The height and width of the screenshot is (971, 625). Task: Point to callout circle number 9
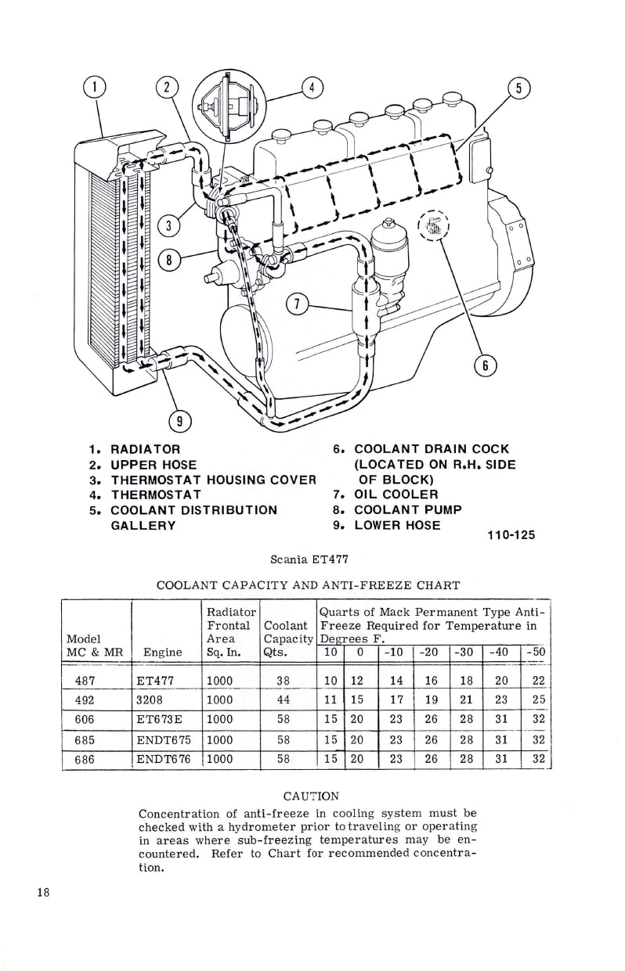tap(180, 421)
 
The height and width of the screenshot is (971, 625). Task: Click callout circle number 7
tap(296, 304)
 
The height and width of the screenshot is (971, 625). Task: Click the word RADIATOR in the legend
tap(146, 449)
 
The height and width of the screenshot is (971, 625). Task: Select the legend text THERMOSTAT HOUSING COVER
tap(213, 480)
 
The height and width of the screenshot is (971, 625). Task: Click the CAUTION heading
tap(310, 797)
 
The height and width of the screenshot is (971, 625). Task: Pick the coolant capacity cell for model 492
tap(284, 698)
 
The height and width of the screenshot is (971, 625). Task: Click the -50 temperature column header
tap(536, 652)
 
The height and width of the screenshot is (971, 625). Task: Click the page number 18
tap(43, 894)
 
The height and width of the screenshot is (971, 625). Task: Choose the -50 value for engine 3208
tap(536, 698)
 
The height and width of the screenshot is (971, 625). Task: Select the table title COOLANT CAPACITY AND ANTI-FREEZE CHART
tap(308, 585)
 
